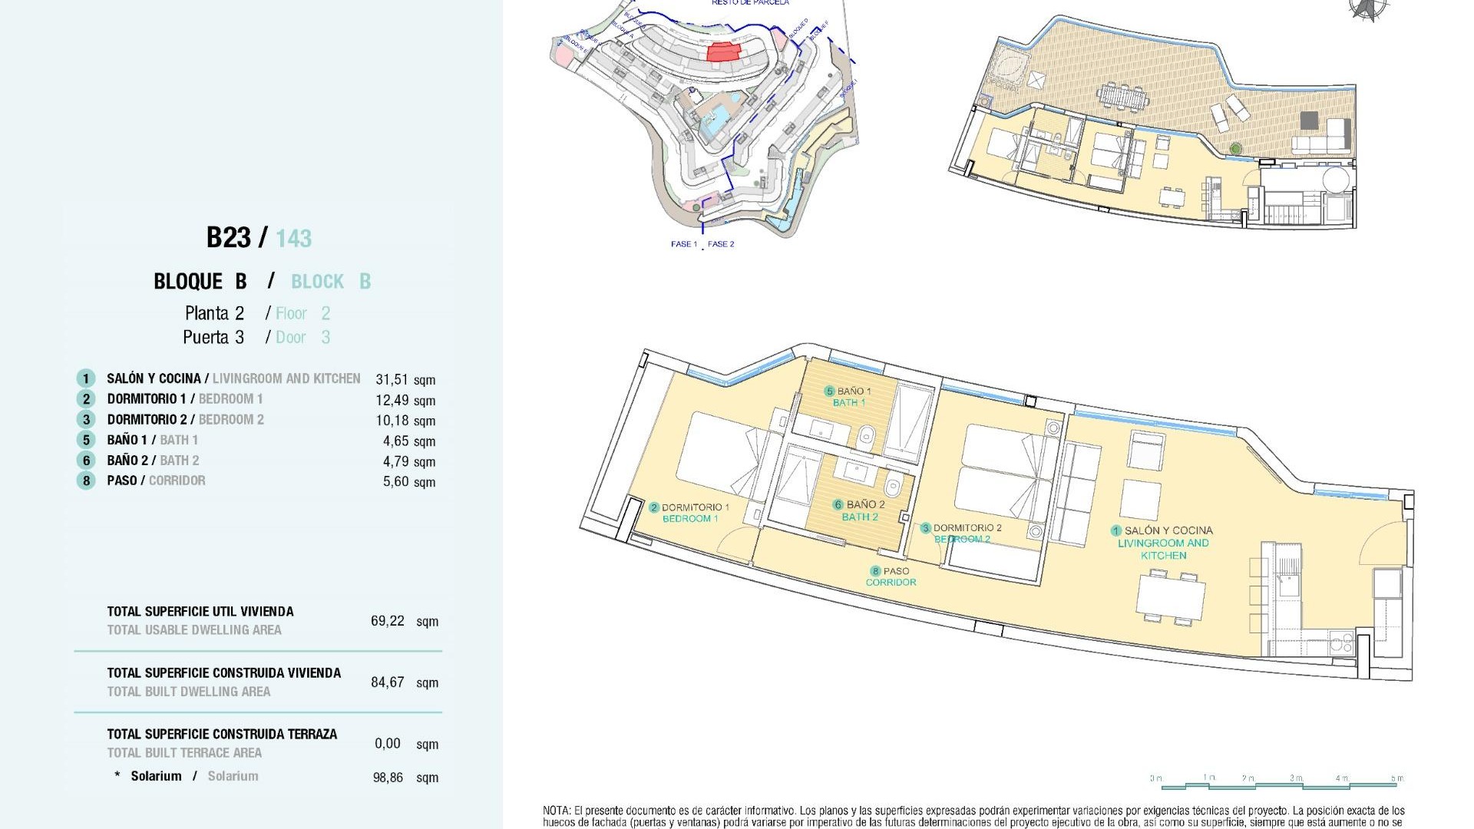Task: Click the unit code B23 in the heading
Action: tap(229, 238)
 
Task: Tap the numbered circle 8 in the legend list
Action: tap(86, 481)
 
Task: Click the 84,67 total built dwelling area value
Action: tap(387, 682)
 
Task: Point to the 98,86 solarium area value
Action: tap(388, 778)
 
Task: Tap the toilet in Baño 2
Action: tap(892, 487)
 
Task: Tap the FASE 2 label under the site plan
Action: tap(721, 244)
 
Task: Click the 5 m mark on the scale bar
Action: tap(1396, 779)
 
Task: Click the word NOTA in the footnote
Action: tap(556, 811)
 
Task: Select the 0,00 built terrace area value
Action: tap(388, 744)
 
